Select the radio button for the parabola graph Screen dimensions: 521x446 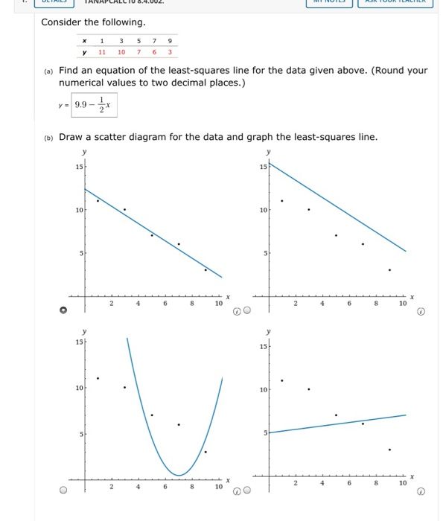click(63, 490)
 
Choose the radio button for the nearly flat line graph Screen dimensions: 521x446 click(246, 490)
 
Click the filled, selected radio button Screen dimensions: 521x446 click(63, 310)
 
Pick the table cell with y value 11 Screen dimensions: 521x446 click(101, 52)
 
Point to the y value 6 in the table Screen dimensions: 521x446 click(153, 52)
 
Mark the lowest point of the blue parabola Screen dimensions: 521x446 click(179, 475)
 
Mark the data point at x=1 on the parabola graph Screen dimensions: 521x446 click(98, 378)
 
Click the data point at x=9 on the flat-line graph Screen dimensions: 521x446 click(389, 450)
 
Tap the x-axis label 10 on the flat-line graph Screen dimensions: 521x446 click(403, 484)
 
